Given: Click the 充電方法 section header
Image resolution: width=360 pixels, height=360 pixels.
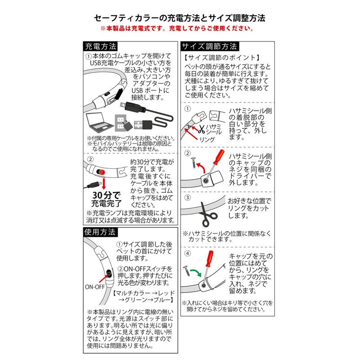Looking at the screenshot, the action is pyautogui.click(x=100, y=46).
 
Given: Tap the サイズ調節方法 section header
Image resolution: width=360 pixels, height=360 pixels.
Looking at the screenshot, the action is pyautogui.click(x=210, y=46).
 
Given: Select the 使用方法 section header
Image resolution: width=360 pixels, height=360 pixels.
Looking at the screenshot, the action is pyautogui.click(x=100, y=232).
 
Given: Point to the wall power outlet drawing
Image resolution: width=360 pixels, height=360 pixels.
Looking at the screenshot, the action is pyautogui.click(x=120, y=123).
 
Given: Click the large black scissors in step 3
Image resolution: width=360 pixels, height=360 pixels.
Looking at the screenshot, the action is pyautogui.click(x=207, y=215).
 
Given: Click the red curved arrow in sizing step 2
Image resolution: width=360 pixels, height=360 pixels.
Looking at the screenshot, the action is pyautogui.click(x=201, y=168).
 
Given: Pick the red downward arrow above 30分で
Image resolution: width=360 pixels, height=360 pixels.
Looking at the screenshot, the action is pyautogui.click(x=104, y=184).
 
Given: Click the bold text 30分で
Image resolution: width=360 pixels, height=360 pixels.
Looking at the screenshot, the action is pyautogui.click(x=106, y=195).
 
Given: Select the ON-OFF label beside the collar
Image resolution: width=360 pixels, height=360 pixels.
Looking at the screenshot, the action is pyautogui.click(x=94, y=287).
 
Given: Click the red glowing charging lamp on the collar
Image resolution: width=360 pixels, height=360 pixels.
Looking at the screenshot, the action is pyautogui.click(x=101, y=172).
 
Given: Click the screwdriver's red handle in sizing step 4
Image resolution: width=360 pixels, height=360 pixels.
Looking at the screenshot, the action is pyautogui.click(x=209, y=259).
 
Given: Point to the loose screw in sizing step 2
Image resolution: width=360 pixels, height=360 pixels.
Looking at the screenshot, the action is pyautogui.click(x=194, y=162).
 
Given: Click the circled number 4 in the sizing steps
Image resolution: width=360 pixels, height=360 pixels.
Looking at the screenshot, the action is pyautogui.click(x=188, y=253).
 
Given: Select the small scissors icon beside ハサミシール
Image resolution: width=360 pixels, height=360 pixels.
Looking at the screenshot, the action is pyautogui.click(x=202, y=130).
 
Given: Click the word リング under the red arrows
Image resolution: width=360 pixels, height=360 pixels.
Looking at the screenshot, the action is pyautogui.click(x=207, y=139).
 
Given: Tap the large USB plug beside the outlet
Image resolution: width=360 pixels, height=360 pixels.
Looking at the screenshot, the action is pyautogui.click(x=143, y=125).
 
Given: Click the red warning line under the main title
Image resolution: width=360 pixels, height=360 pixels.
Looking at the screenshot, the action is pyautogui.click(x=177, y=29).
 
